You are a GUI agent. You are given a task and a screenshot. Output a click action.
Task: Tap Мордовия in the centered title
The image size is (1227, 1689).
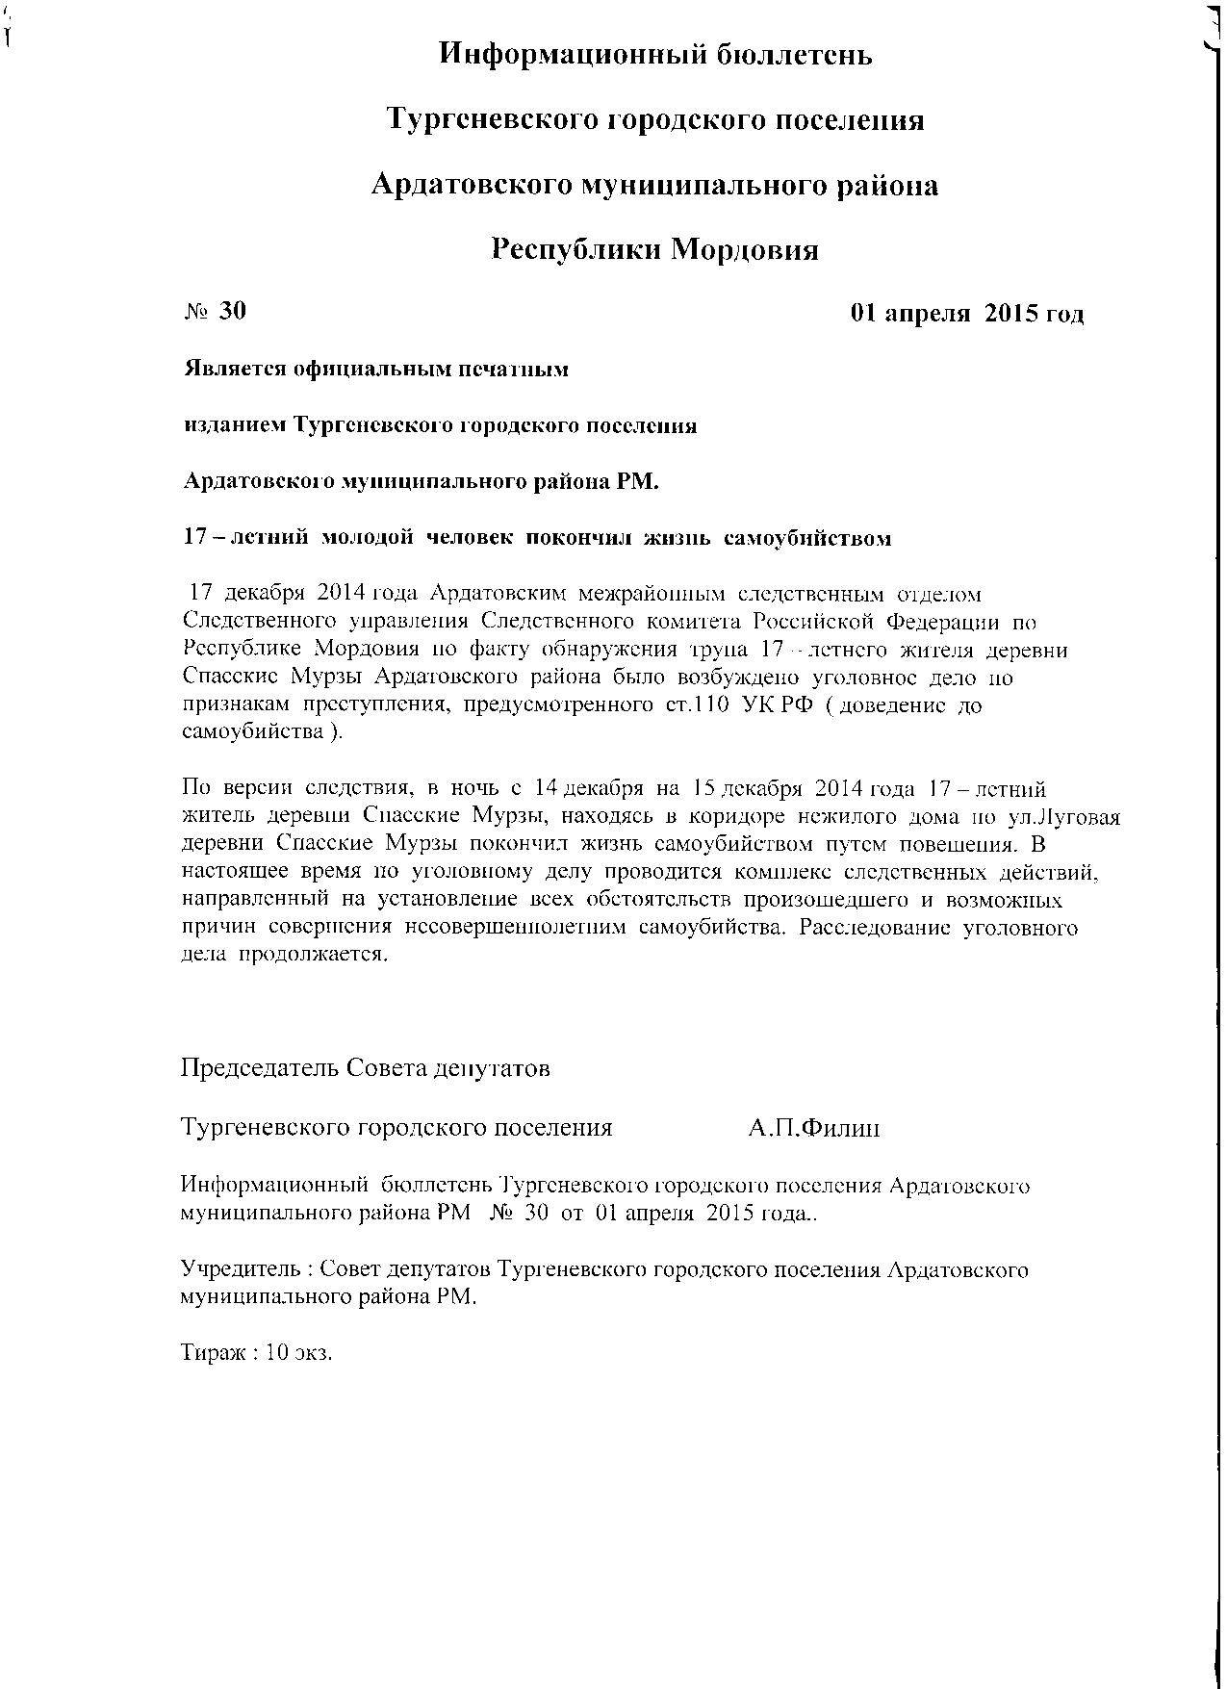point(744,250)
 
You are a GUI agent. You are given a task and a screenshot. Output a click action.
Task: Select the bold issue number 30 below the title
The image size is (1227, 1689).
point(233,311)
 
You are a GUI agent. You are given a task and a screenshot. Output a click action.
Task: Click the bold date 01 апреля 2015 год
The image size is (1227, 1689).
point(967,314)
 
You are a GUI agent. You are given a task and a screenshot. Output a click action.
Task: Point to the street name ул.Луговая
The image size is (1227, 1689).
point(1066,818)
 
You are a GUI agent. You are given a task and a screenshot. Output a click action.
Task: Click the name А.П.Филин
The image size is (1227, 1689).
point(813,1128)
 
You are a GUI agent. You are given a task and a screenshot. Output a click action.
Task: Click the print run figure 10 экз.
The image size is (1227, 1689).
point(298,1352)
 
